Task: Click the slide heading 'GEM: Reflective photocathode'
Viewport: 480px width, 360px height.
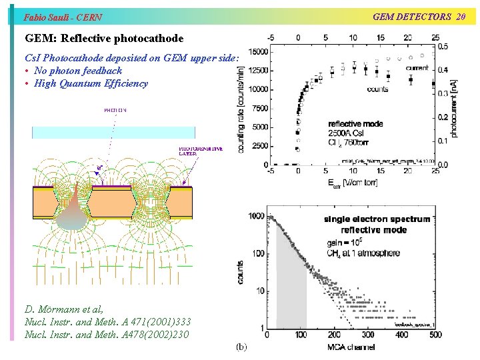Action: [104, 39]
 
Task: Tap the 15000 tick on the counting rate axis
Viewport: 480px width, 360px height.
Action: [258, 52]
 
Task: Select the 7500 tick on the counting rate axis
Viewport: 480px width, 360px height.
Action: [260, 108]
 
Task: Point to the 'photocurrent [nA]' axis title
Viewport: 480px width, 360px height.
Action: [454, 109]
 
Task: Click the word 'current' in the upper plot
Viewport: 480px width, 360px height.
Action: [417, 67]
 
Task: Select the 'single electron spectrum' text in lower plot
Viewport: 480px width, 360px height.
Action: [377, 219]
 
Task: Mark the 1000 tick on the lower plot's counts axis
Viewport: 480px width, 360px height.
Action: [255, 216]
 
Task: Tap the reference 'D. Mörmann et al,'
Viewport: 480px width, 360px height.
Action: [65, 310]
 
